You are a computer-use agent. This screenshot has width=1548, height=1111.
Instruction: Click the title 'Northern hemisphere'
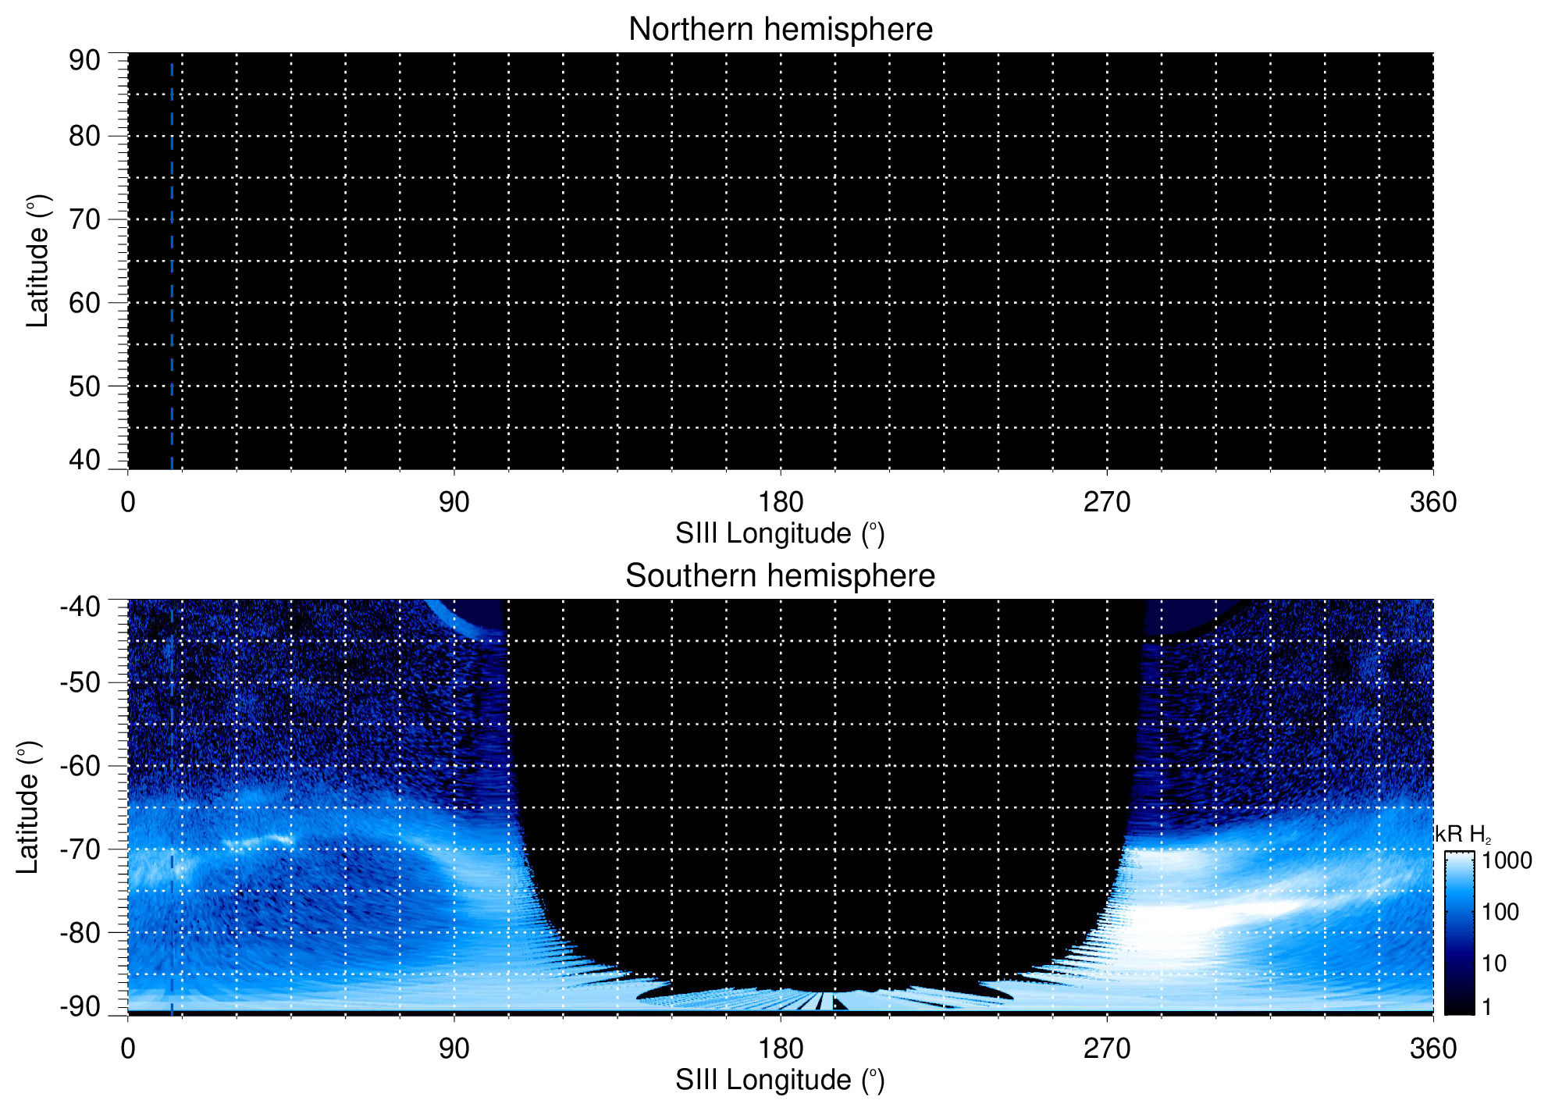[x=780, y=30]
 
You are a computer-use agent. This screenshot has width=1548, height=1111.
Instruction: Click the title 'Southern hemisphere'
[x=780, y=576]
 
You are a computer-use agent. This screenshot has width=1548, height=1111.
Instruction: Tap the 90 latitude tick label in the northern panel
[x=84, y=61]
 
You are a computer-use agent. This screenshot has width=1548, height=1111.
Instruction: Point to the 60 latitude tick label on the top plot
[x=84, y=303]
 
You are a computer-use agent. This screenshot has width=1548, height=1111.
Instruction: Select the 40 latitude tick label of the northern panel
[x=84, y=460]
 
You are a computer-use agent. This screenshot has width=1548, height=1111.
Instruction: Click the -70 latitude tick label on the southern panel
[x=80, y=849]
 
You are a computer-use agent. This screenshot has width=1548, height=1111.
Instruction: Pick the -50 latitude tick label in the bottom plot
[x=80, y=682]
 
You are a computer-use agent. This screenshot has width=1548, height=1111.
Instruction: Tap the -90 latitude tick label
[x=80, y=1006]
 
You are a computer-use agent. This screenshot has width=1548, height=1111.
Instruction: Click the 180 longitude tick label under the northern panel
[x=781, y=502]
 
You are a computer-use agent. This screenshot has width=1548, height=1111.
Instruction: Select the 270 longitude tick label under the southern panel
[x=1107, y=1049]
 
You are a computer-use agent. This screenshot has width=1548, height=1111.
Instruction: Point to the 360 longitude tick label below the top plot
[x=1433, y=502]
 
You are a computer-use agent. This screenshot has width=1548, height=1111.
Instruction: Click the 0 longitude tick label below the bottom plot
[x=128, y=1049]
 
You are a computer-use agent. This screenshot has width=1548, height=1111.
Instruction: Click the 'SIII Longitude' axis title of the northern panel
[x=780, y=534]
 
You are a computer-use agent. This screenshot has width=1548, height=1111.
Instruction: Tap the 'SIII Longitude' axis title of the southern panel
[x=780, y=1081]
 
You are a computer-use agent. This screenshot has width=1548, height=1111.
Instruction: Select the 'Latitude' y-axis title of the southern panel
[x=28, y=807]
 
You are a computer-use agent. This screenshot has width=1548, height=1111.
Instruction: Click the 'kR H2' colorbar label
[x=1462, y=835]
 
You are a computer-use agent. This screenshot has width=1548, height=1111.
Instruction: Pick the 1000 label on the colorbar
[x=1507, y=861]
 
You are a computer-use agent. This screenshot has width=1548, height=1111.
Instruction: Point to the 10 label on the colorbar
[x=1494, y=963]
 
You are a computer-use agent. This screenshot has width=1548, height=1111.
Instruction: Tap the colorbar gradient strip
[x=1459, y=933]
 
